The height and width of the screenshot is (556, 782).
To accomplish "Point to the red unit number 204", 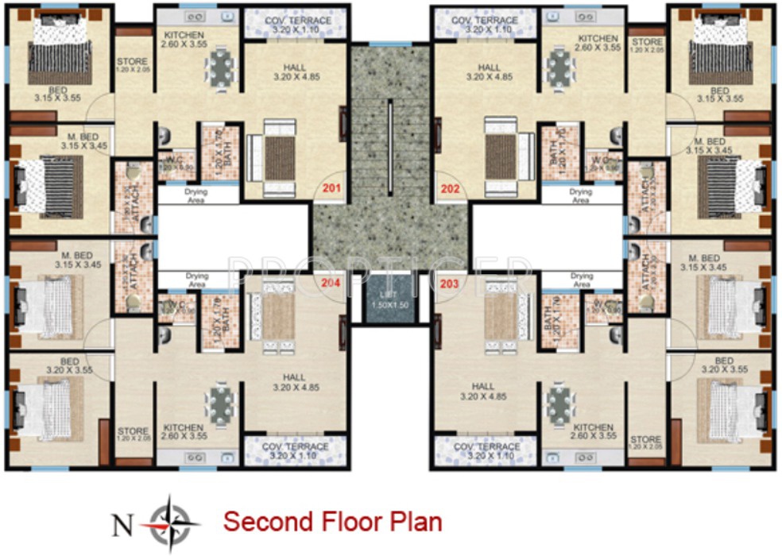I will point(331,282).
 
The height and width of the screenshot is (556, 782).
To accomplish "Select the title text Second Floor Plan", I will point(332,522).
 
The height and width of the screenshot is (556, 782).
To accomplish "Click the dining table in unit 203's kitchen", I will point(561,404).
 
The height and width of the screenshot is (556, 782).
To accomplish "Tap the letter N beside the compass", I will point(121,523).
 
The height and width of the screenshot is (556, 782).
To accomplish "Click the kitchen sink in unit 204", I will point(195,458).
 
